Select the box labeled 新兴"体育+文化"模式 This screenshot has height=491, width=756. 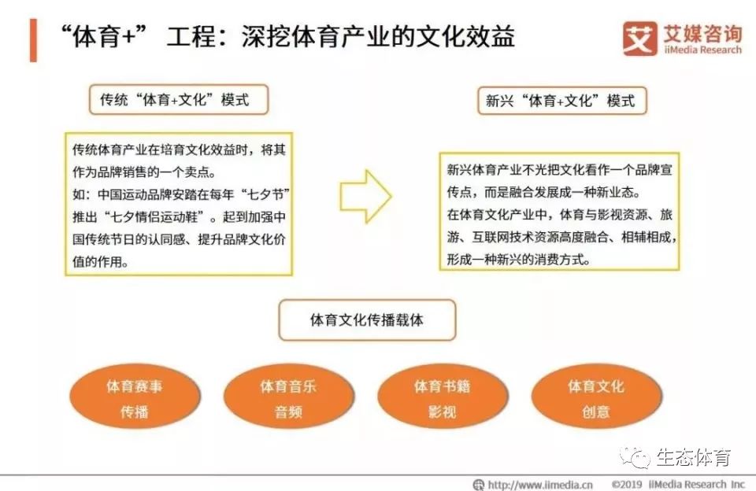pyautogui.click(x=561, y=101)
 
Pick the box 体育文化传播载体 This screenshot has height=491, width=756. pyautogui.click(x=367, y=320)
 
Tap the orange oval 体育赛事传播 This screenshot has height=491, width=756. pyautogui.click(x=135, y=398)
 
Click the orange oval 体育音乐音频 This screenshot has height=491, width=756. pyautogui.click(x=288, y=398)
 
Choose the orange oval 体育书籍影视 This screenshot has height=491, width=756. pyautogui.click(x=442, y=398)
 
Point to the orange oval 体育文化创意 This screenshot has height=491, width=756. pyautogui.click(x=595, y=398)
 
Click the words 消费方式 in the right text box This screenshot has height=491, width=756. pyautogui.click(x=562, y=258)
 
